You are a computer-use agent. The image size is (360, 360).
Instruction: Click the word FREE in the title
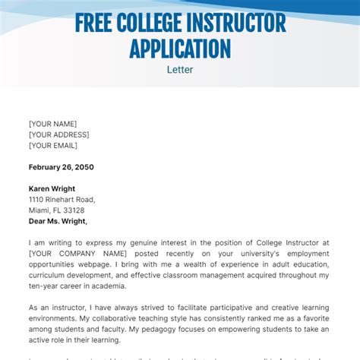point(97,23)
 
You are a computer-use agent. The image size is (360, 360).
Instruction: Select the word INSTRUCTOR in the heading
point(245,23)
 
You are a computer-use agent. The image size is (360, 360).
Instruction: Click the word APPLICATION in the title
point(180,48)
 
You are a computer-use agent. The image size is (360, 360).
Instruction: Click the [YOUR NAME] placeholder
point(52,124)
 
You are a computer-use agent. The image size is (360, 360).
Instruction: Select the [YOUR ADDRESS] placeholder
point(59,134)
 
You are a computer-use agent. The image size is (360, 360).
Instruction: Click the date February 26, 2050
point(62,167)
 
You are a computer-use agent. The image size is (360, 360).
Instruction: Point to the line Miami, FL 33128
point(56,210)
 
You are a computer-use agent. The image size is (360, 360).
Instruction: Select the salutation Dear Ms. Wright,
point(58,221)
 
